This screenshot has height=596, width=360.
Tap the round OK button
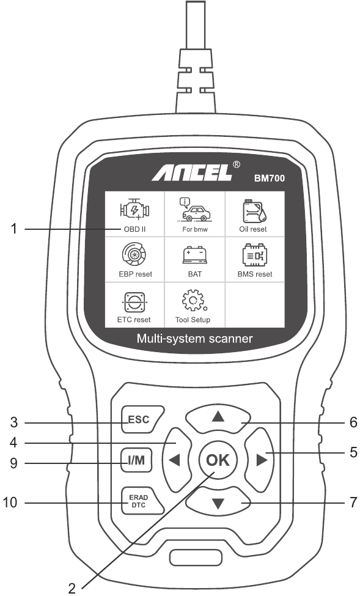coord(218,460)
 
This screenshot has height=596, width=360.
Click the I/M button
coord(136,460)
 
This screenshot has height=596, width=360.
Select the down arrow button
coord(218,502)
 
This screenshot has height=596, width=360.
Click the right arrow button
coord(259,460)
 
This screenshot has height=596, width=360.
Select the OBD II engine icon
coord(134,210)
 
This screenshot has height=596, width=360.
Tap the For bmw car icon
coord(194,210)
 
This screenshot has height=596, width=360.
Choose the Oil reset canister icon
coord(254,211)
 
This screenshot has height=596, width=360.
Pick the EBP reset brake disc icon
coord(134,255)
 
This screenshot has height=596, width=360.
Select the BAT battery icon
coord(194,256)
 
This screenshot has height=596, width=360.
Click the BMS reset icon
coord(254,255)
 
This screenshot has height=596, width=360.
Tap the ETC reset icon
coord(134,302)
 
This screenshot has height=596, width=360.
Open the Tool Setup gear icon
coord(194,301)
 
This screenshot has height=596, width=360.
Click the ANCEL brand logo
coord(192,173)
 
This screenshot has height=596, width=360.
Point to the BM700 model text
coord(270,178)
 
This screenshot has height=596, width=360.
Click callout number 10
coord(10,502)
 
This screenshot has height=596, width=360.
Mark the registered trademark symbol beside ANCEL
coord(236,164)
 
